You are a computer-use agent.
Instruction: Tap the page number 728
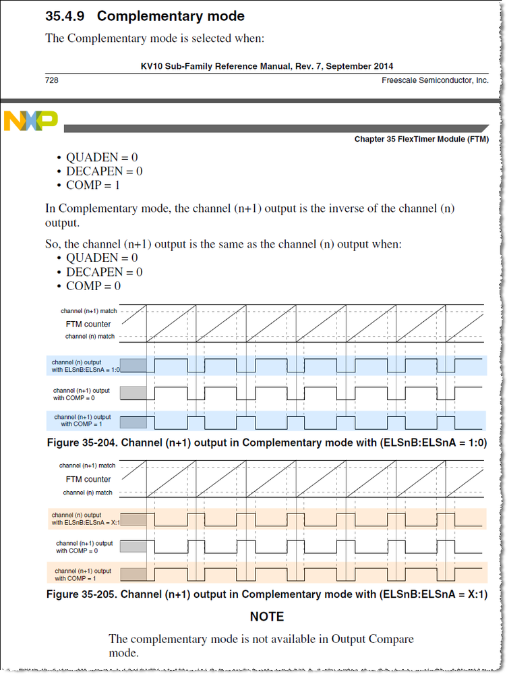[x=52, y=80]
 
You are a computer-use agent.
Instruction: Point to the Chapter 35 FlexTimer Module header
[x=421, y=140]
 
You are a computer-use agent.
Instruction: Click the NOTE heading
[x=266, y=617]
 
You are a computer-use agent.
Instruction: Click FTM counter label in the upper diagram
[x=88, y=324]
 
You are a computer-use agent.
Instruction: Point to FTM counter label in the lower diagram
[x=88, y=479]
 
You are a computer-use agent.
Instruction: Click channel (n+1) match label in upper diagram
[x=87, y=311]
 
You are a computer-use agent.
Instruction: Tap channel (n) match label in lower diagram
[x=88, y=493]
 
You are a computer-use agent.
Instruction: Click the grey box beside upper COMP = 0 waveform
[x=133, y=393]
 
